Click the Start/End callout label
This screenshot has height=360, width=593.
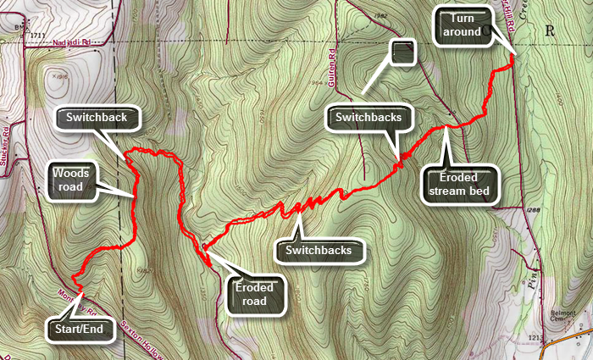pos(80,328)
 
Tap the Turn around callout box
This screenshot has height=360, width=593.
pos(462,25)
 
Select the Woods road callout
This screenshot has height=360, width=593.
pos(71,180)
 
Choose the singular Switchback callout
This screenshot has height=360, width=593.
pos(97,117)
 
